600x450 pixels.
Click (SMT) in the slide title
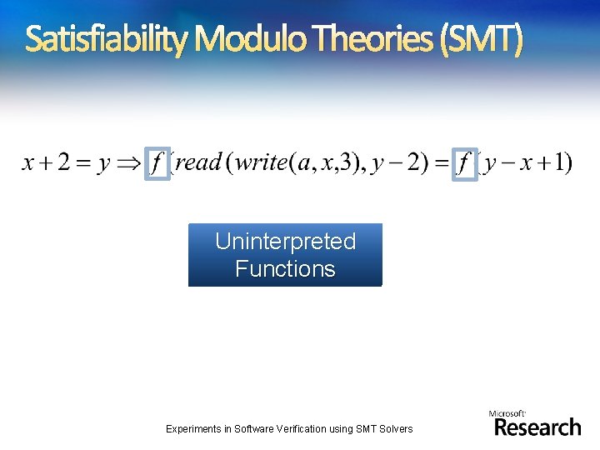483,39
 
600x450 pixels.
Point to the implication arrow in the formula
127,163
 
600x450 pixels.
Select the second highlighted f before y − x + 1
464,162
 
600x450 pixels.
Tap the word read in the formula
197,162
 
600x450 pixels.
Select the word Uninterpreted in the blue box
285,242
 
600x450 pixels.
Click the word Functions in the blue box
285,268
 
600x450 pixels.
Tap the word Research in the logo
537,427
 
